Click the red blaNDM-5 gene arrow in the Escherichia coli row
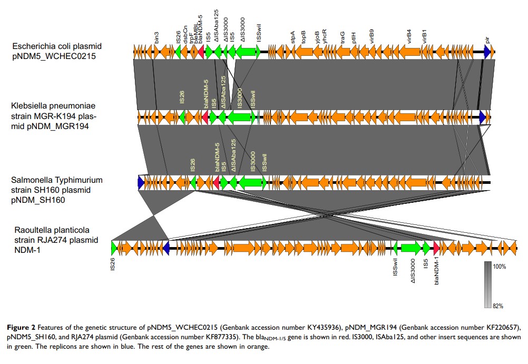pos(201,51)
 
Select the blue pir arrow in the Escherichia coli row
pos(487,51)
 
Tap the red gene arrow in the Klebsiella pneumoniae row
pos(205,117)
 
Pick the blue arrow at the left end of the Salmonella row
pos(141,182)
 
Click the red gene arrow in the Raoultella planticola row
pos(436,247)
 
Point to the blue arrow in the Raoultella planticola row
pos(166,247)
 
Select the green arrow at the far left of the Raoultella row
pos(114,247)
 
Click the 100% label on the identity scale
pos(499,267)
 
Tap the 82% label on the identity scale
pos(498,305)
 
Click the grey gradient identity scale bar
pos(487,284)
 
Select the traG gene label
pos(343,36)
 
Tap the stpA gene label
pos(294,36)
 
